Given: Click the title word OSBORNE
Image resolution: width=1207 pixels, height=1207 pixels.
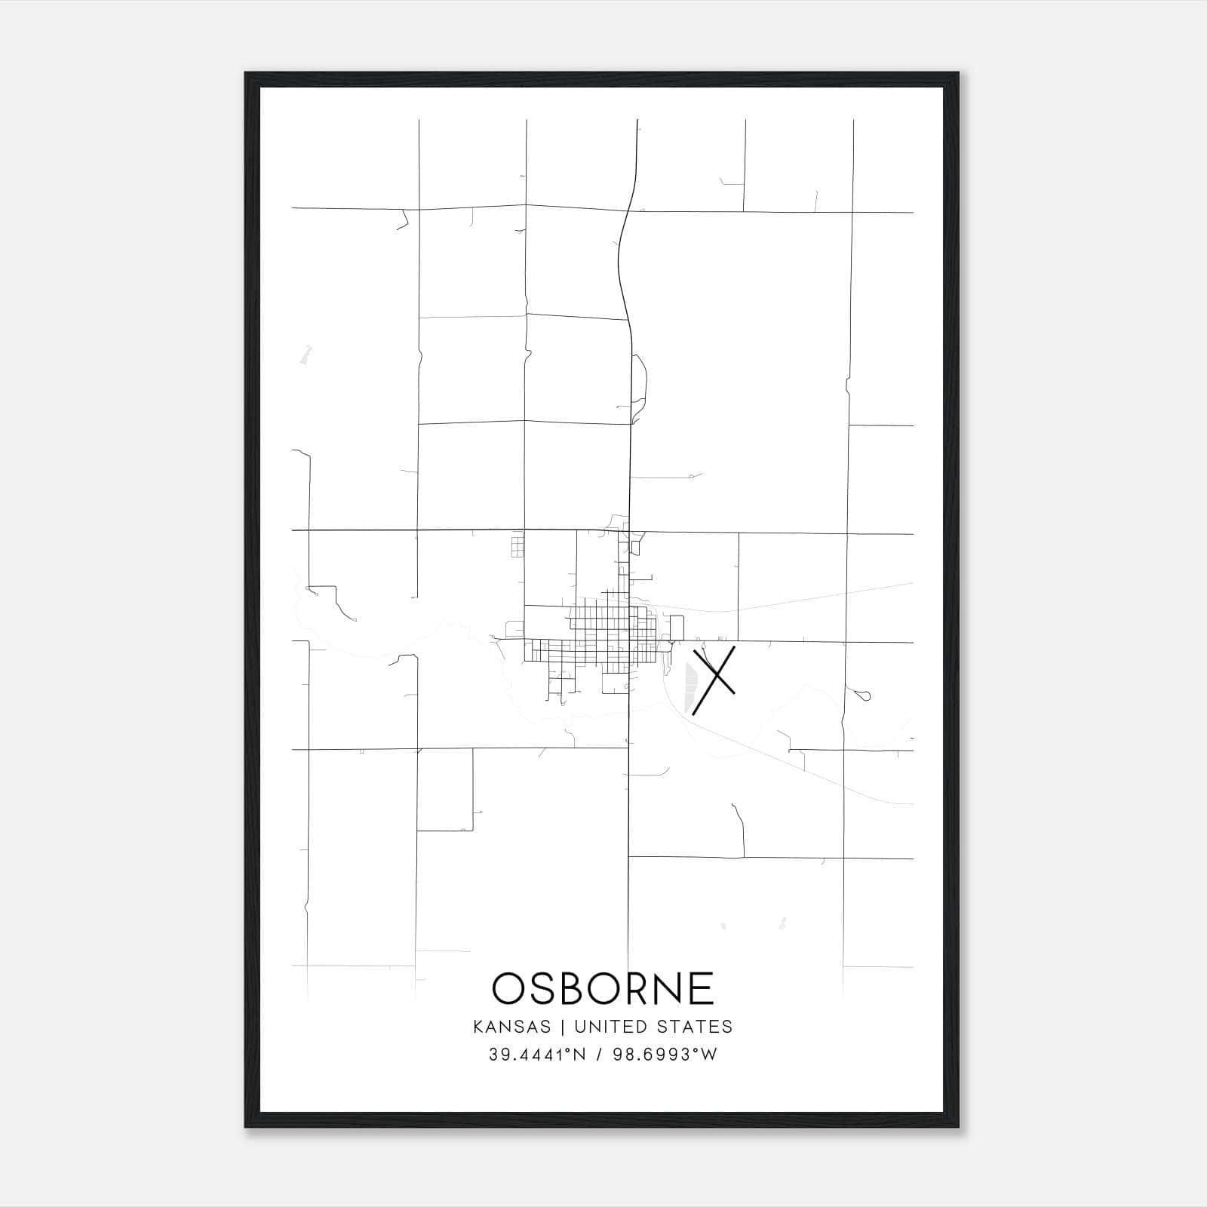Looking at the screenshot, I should click(603, 988).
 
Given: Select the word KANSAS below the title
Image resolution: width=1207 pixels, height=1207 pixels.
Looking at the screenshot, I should click(518, 1027).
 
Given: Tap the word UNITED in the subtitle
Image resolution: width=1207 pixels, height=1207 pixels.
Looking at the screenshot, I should click(611, 1027).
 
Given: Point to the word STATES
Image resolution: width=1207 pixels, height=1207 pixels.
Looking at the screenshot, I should click(694, 1027).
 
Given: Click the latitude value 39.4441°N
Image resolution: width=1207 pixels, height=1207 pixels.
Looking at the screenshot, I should click(536, 1055).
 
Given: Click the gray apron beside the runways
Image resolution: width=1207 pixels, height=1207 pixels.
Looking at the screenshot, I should click(689, 686).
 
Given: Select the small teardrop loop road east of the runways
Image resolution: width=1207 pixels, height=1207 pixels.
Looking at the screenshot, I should click(864, 695).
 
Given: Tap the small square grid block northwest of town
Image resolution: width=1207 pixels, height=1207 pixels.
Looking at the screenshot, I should click(517, 545).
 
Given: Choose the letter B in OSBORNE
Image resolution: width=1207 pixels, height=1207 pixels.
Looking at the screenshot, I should click(575, 988).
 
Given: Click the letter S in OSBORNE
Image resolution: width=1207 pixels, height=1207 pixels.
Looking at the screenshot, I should click(542, 988).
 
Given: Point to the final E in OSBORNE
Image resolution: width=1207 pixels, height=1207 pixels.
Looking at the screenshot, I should click(702, 988).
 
